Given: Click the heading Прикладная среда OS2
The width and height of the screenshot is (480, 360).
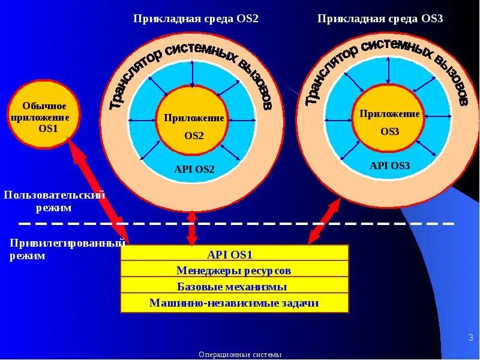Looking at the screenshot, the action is click(196, 19).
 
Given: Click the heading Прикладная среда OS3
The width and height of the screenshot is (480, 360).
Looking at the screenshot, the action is click(380, 19).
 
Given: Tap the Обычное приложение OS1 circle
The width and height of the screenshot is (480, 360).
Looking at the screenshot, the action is click(40, 115).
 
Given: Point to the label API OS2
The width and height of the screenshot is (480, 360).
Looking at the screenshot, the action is click(194, 170).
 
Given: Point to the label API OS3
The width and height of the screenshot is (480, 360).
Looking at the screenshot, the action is click(389, 166).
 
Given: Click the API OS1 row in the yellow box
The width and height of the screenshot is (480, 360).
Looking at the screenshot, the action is click(235, 253).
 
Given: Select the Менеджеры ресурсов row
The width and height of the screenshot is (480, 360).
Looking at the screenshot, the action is click(235, 270).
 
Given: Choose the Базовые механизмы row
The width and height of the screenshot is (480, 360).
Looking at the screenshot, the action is click(235, 286).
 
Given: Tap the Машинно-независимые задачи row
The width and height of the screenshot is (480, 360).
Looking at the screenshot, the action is click(235, 303).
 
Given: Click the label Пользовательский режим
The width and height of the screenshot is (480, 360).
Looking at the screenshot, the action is click(54, 202).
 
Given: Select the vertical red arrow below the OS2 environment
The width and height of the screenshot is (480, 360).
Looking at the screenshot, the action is click(192, 227).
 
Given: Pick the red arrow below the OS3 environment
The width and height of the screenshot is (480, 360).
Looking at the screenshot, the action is click(323, 222).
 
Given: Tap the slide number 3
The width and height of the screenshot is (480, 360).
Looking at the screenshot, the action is click(470, 338).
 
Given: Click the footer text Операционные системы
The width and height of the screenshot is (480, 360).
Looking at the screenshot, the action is click(240, 355).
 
